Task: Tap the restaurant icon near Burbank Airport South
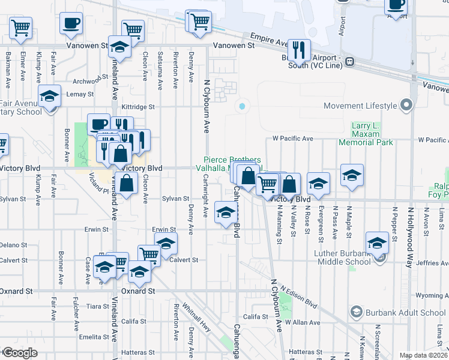298,50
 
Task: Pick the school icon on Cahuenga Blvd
225,213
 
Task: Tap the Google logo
20,353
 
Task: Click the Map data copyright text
424,355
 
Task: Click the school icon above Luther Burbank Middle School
378,243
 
